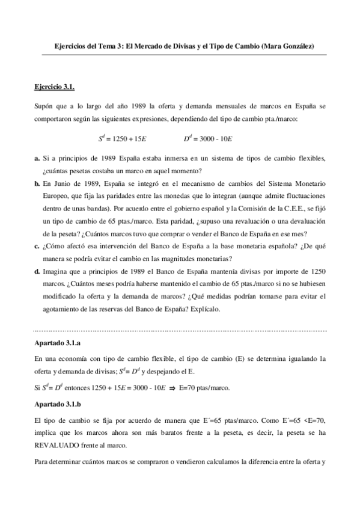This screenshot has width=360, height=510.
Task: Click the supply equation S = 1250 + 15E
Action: pyautogui.click(x=123, y=138)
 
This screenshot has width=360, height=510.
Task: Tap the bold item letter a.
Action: pyautogui.click(x=37, y=158)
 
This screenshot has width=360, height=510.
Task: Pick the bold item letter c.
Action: pyautogui.click(x=37, y=245)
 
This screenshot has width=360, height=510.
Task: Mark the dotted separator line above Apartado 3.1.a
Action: pyautogui.click(x=180, y=330)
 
